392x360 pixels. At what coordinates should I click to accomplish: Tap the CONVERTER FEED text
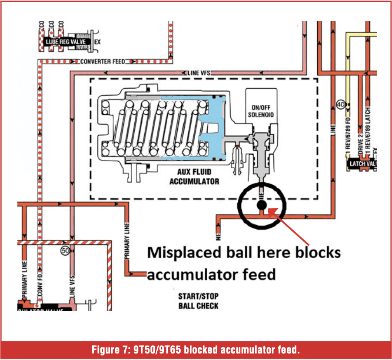click(103, 62)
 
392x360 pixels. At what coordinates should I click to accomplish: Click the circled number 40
click(340, 104)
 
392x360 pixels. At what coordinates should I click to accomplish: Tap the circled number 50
click(66, 250)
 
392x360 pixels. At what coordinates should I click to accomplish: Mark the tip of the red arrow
click(270, 210)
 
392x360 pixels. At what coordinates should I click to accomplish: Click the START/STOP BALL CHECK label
click(198, 301)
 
